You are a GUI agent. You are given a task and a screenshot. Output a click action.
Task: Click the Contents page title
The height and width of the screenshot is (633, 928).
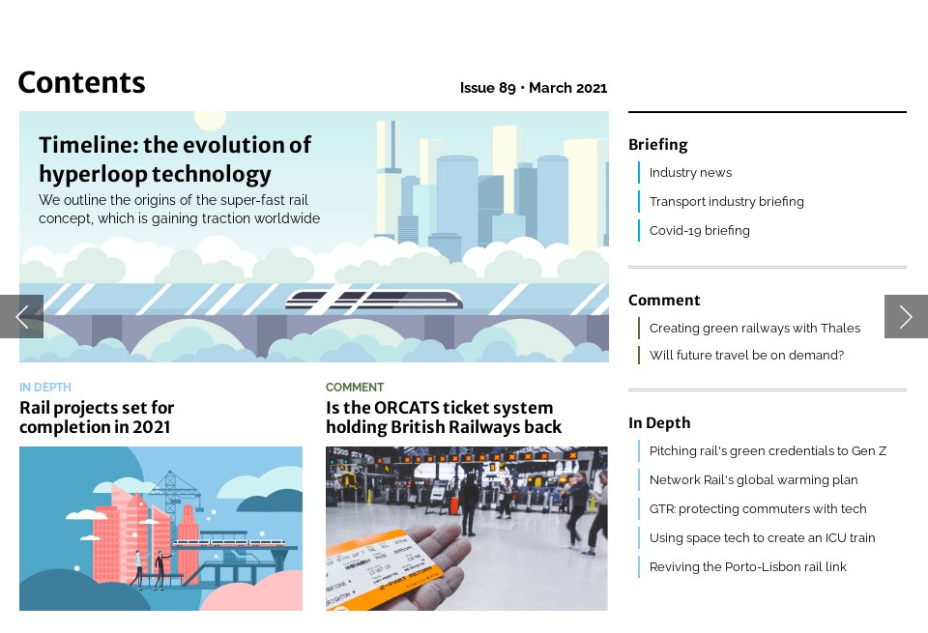81,83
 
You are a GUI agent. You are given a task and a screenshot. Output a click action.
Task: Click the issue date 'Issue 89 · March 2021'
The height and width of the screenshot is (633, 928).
533,88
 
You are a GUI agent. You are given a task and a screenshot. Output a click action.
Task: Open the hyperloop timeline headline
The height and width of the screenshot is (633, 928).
175,159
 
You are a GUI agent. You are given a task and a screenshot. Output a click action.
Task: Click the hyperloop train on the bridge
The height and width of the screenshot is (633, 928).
360,300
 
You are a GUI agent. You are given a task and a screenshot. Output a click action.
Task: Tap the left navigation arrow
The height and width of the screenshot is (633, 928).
21,316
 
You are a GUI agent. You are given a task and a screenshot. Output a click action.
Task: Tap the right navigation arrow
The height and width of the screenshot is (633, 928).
906,316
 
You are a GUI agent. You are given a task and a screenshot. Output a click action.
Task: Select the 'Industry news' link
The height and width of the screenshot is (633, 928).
690,173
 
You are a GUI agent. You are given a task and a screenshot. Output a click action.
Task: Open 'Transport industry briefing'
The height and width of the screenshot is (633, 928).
726,202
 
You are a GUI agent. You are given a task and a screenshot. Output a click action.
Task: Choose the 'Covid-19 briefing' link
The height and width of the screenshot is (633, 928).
699,231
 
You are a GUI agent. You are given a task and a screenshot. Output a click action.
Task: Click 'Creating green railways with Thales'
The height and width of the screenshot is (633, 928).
754,329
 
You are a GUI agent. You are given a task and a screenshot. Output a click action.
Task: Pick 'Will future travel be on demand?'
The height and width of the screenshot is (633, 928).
746,356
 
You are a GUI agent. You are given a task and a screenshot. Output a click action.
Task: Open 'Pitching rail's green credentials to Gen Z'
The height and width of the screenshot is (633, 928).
768,451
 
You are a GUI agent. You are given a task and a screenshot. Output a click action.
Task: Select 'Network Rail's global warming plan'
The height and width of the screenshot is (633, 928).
753,480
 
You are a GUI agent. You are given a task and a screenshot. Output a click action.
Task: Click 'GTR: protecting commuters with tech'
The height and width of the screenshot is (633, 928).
758,509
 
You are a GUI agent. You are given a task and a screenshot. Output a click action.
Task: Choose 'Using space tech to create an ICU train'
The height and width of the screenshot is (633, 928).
762,538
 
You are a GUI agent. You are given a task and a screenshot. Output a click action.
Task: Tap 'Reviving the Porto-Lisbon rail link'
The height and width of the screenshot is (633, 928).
747,567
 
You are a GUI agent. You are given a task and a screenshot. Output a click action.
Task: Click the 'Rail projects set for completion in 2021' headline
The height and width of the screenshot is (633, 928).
97,417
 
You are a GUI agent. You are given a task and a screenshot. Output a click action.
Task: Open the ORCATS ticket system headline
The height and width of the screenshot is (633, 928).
443,417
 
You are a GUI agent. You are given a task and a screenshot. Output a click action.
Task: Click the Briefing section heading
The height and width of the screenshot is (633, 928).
657,145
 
